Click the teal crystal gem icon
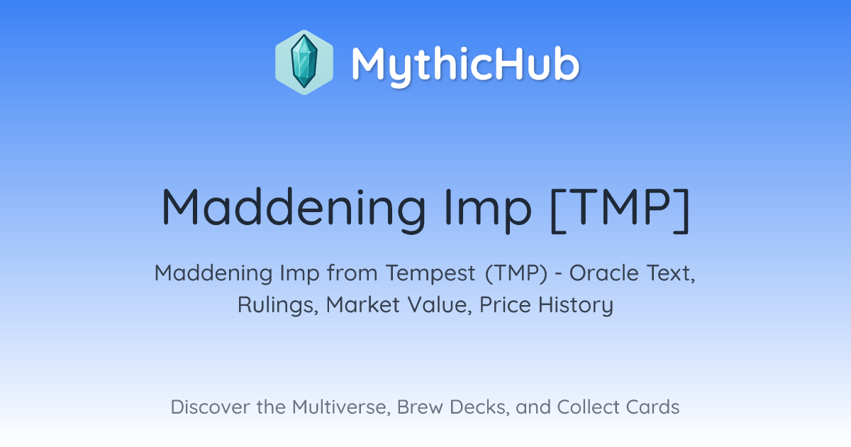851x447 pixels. pyautogui.click(x=304, y=62)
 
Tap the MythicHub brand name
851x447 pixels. pyautogui.click(x=465, y=65)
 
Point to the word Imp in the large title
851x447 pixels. pyautogui.click(x=488, y=210)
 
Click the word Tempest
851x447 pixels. pyautogui.click(x=430, y=273)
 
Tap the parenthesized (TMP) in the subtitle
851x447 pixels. pyautogui.click(x=516, y=273)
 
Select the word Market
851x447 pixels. pyautogui.click(x=363, y=304)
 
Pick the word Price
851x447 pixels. pyautogui.click(x=505, y=304)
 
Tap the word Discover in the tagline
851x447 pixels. pyautogui.click(x=211, y=407)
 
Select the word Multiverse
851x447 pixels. pyautogui.click(x=342, y=407)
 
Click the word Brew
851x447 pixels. pyautogui.click(x=420, y=407)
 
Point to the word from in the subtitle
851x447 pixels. pyautogui.click(x=352, y=272)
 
